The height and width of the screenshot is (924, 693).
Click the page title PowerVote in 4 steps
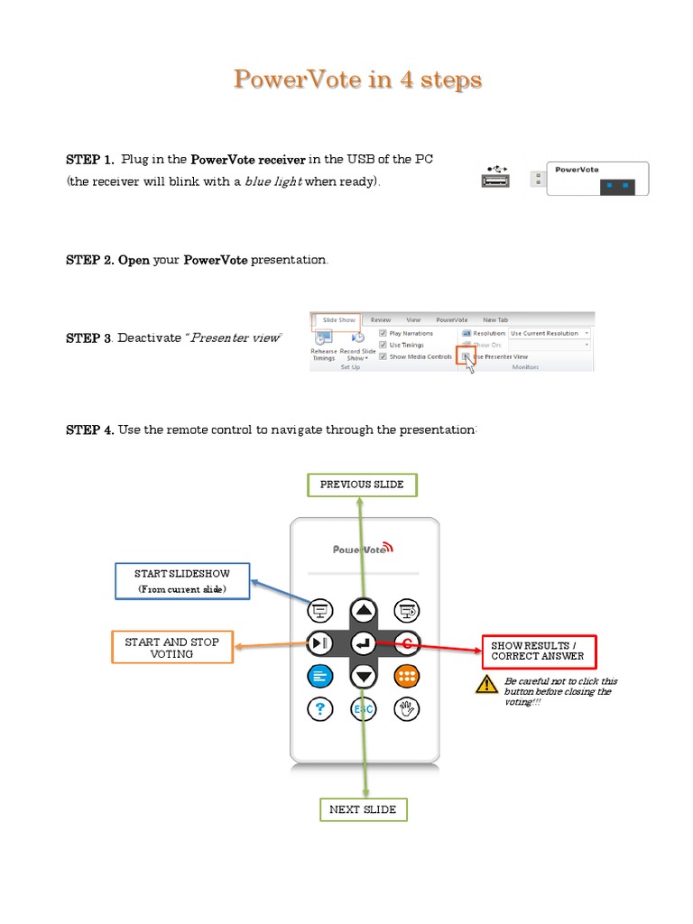(357, 79)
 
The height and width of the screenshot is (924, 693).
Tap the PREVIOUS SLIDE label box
(362, 485)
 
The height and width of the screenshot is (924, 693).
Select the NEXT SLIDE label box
(363, 809)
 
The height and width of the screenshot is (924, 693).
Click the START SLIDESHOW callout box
(182, 581)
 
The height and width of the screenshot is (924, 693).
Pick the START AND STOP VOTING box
(171, 647)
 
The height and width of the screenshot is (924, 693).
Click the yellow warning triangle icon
(487, 685)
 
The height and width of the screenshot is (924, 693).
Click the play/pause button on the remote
(319, 643)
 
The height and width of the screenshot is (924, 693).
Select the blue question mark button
(319, 709)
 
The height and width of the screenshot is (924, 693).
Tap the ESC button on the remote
(363, 709)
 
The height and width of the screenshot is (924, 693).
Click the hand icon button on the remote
(407, 709)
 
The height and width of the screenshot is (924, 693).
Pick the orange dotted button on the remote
(407, 676)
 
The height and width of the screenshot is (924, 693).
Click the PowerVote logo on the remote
(363, 549)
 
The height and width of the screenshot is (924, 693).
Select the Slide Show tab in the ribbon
(338, 319)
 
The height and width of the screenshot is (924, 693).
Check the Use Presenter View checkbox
(466, 356)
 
